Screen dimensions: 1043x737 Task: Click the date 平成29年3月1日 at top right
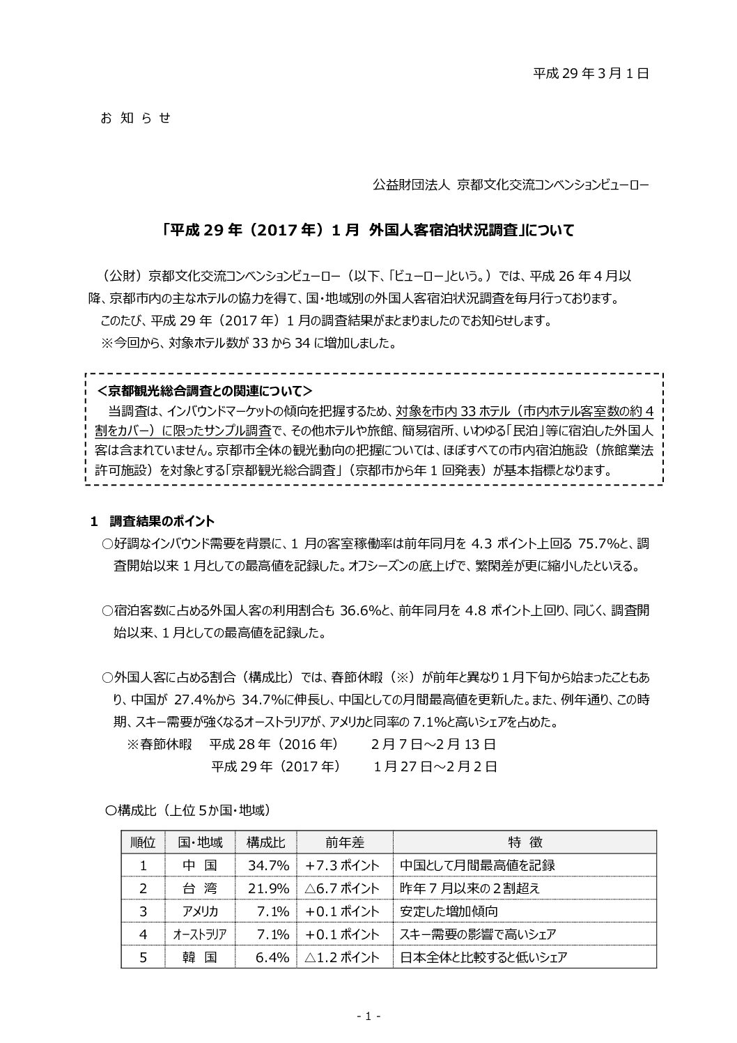click(591, 72)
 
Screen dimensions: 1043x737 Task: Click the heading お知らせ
click(136, 118)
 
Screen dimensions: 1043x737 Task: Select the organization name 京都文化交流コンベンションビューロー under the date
click(552, 185)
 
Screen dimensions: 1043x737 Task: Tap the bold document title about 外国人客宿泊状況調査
click(368, 230)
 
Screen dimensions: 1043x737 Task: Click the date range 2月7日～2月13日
click(434, 743)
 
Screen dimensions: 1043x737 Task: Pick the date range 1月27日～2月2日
click(435, 766)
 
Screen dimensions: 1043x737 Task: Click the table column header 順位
click(143, 842)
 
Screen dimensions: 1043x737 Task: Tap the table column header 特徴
click(525, 842)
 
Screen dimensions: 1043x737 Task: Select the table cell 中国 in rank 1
click(200, 865)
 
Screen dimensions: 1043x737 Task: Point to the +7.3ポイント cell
click(343, 865)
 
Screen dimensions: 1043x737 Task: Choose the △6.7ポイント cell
click(343, 888)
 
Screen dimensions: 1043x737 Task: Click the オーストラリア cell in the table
click(200, 934)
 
